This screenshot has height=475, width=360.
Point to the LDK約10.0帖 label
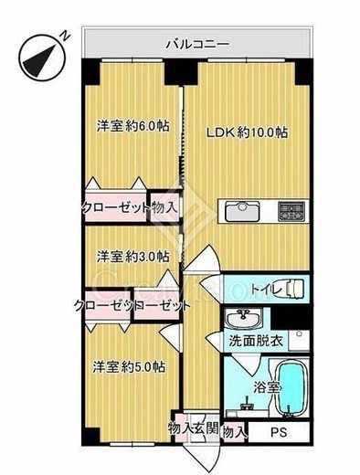tap(247, 132)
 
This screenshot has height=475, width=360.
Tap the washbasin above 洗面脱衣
tap(242, 321)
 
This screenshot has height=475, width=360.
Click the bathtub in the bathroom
tap(291, 388)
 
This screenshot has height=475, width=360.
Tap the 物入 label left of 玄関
tap(180, 428)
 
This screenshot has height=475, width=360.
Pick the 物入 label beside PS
tap(234, 431)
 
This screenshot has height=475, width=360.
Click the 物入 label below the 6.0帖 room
tap(165, 206)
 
